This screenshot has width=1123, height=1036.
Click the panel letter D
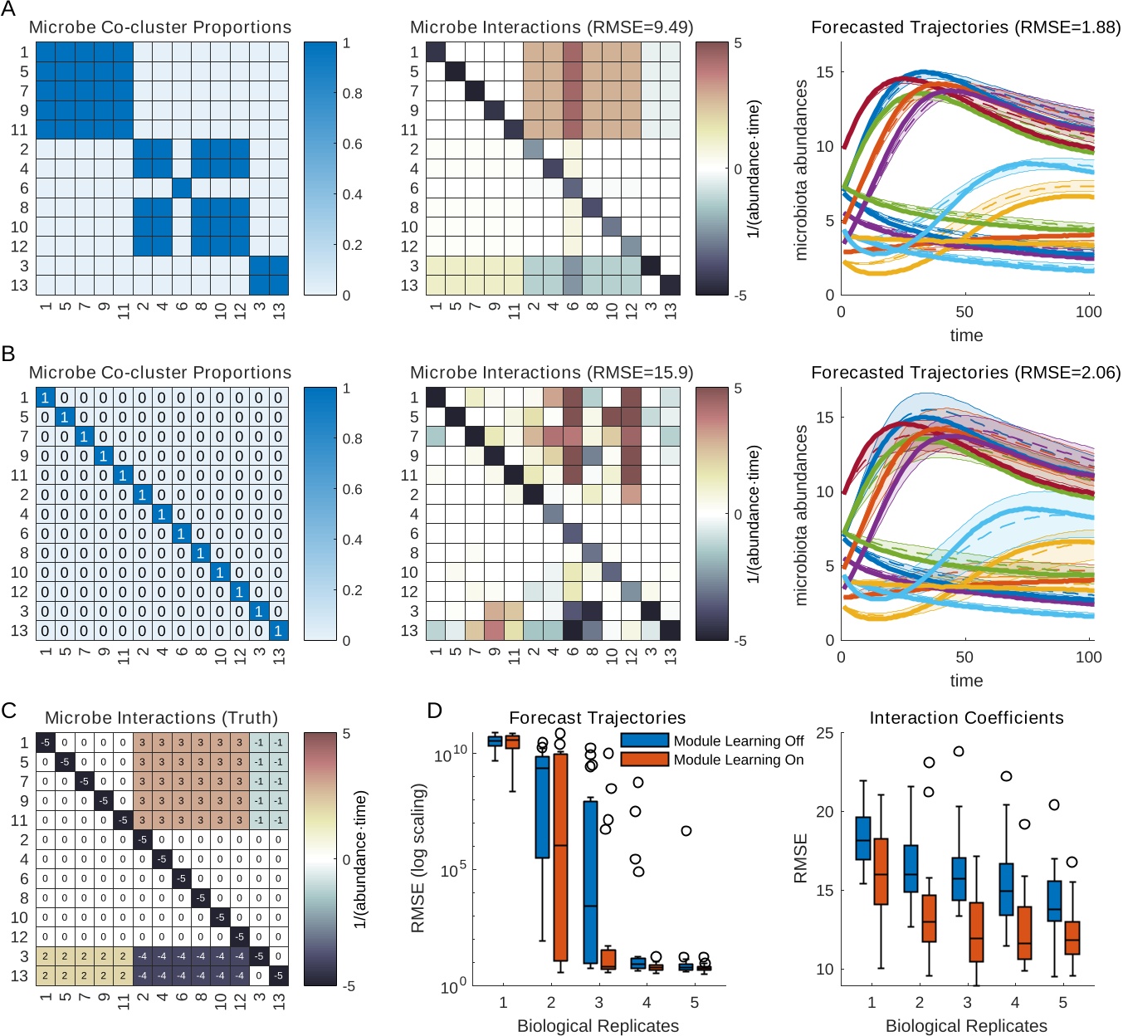[x=435, y=711]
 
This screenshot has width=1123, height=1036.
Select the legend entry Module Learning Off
[x=738, y=740]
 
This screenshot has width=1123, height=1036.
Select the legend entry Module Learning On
[x=738, y=760]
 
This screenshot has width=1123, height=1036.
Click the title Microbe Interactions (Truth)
[x=161, y=718]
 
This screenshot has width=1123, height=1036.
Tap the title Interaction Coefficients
[x=966, y=718]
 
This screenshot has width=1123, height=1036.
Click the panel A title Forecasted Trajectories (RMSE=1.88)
[x=965, y=27]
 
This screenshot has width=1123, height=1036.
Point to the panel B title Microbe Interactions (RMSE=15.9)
[x=551, y=373]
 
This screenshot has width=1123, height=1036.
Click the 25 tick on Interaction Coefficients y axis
[x=824, y=733]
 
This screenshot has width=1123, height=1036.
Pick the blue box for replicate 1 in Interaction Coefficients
[x=863, y=838]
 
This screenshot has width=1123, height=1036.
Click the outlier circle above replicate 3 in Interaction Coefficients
[x=958, y=751]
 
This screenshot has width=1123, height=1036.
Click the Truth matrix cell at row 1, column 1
[x=45, y=743]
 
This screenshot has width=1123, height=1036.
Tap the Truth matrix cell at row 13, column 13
[x=279, y=976]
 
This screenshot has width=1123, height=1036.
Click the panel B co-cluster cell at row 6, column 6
[x=181, y=534]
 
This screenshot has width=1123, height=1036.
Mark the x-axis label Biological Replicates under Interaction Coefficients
[x=966, y=1026]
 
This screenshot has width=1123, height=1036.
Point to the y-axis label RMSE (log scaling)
[x=418, y=859]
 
